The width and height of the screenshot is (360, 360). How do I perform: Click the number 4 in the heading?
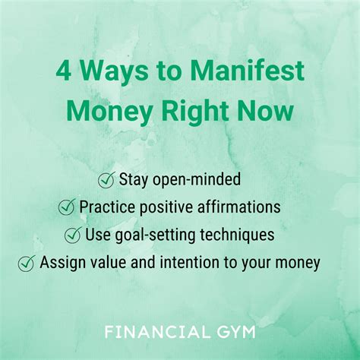point(63,71)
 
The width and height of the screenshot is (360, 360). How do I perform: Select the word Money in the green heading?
point(109,112)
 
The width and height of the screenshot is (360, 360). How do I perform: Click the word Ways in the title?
point(114,71)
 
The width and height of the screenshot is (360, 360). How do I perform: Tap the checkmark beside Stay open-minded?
point(106,179)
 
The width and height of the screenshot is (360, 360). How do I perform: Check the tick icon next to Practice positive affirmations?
point(67,207)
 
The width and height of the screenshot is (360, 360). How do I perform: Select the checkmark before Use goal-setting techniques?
point(73,235)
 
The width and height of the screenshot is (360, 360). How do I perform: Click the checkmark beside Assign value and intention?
point(27,263)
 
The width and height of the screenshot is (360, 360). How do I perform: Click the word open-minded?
point(197,180)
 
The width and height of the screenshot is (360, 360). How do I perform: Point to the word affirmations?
point(238,207)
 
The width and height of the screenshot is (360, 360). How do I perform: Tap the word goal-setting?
point(155,235)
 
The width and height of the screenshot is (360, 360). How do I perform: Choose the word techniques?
point(237,235)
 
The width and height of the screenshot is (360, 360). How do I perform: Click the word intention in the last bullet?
point(189,262)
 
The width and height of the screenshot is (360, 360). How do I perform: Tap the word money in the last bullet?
point(298,264)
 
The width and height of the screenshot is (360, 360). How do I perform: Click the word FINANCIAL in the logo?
point(157,332)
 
